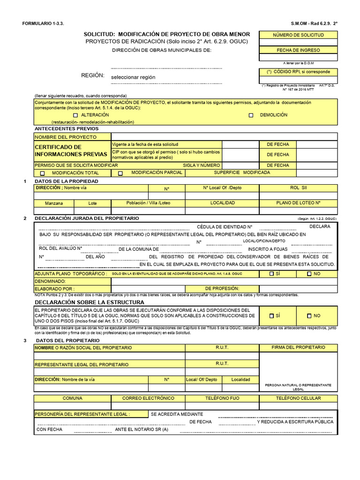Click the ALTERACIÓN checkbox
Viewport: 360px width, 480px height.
[x=75, y=115]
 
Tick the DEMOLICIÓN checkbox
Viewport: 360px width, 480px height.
[x=251, y=115]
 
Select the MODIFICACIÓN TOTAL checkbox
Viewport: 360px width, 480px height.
[x=43, y=173]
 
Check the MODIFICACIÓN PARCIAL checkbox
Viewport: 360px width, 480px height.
[x=120, y=173]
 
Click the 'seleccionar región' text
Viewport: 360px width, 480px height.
[x=133, y=77]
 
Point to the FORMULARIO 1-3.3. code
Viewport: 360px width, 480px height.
[x=42, y=23]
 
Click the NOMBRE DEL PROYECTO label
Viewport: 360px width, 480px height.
[x=66, y=137]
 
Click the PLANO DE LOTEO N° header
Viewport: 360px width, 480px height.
[x=298, y=203]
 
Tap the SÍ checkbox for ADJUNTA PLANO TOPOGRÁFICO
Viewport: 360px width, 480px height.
[x=271, y=274]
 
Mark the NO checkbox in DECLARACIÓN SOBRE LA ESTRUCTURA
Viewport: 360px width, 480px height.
[x=309, y=316]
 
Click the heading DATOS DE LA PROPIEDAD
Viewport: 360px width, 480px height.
[x=67, y=181]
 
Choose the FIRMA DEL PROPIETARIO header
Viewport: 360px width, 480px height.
[x=298, y=347]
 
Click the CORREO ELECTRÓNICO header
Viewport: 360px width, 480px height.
[x=148, y=398]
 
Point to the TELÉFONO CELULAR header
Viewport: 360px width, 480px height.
[x=298, y=398]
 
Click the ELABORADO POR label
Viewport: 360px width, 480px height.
[x=54, y=289]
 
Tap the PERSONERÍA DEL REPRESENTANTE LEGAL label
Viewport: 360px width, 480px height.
[x=82, y=414]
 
